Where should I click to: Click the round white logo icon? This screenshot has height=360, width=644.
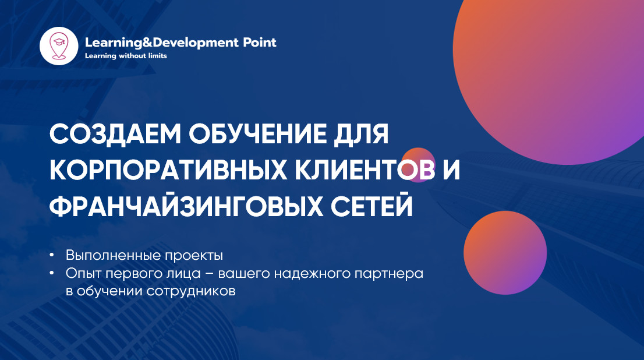tap(59, 46)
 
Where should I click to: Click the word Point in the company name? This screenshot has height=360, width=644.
tap(260, 43)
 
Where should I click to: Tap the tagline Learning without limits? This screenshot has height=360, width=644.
tap(126, 56)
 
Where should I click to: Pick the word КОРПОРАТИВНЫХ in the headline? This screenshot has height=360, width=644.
tap(168, 170)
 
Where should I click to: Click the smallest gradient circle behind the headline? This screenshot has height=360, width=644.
tap(418, 165)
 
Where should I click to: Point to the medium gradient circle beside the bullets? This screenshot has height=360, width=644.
tap(505, 253)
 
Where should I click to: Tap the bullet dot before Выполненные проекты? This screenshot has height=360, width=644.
tap(52, 255)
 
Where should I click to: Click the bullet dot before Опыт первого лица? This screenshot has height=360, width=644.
tap(52, 273)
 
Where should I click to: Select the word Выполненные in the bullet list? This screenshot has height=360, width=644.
tap(113, 255)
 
